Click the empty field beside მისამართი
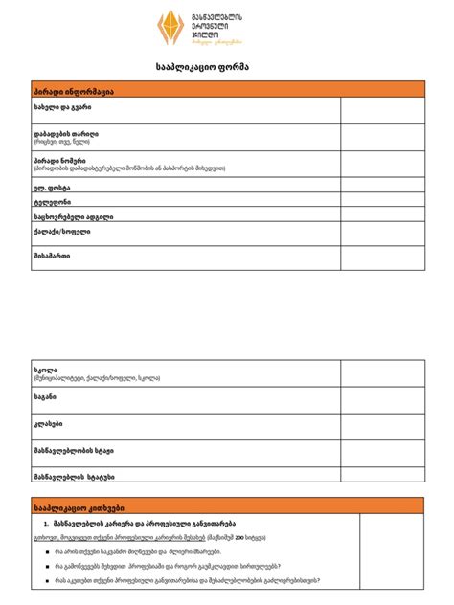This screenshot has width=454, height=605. click(381, 258)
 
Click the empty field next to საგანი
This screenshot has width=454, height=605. click(381, 399)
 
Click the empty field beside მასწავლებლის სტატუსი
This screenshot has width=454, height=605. click(381, 476)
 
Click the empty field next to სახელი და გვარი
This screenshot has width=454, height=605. click(381, 112)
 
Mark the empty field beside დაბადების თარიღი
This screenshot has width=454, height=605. click(381, 139)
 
